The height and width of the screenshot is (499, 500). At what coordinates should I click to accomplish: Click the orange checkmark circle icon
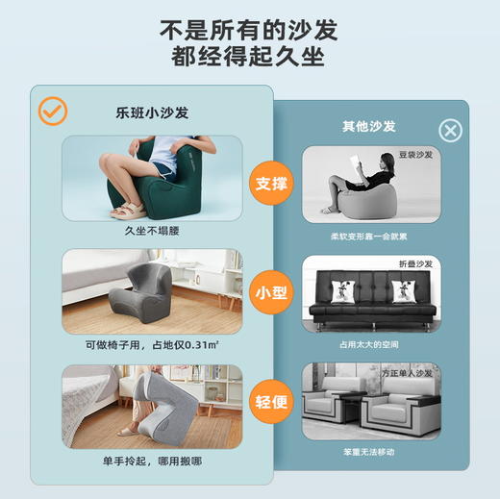tap(52, 112)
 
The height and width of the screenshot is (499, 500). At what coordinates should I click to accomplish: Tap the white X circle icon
tap(450, 131)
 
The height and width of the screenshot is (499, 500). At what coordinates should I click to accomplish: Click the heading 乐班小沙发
tap(152, 112)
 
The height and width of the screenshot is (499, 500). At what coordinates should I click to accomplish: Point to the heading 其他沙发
tap(369, 126)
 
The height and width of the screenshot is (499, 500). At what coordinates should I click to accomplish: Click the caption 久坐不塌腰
tap(152, 232)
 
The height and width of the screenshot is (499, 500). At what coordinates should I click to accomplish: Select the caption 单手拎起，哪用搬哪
tap(152, 461)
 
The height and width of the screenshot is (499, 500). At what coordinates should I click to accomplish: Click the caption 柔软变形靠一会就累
tap(369, 236)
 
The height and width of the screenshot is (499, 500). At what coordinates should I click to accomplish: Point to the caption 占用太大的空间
tap(369, 343)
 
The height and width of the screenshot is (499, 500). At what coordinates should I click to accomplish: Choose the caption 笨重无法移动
tap(369, 451)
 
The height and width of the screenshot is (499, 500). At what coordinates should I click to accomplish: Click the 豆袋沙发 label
tap(414, 154)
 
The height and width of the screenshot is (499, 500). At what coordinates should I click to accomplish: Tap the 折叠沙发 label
tap(415, 263)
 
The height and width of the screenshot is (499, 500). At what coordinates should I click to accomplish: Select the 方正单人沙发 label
tap(410, 373)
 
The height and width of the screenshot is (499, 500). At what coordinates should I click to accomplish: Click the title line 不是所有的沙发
tap(250, 28)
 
